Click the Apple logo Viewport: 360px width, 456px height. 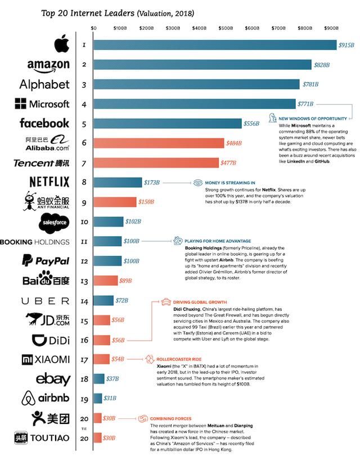click(61, 44)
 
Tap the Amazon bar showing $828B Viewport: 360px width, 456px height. click(202, 64)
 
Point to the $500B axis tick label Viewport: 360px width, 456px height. click(226, 27)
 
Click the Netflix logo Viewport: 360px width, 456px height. click(48, 182)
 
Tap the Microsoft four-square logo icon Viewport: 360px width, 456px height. click(21, 104)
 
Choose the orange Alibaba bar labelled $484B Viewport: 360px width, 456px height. click(158, 143)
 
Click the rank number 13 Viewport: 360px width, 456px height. click(83, 281)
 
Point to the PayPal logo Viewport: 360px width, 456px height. click(45, 261)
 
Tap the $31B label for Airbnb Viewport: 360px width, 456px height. click(110, 398)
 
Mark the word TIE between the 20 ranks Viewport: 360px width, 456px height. click(83, 428)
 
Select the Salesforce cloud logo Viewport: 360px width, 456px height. click(55, 223)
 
